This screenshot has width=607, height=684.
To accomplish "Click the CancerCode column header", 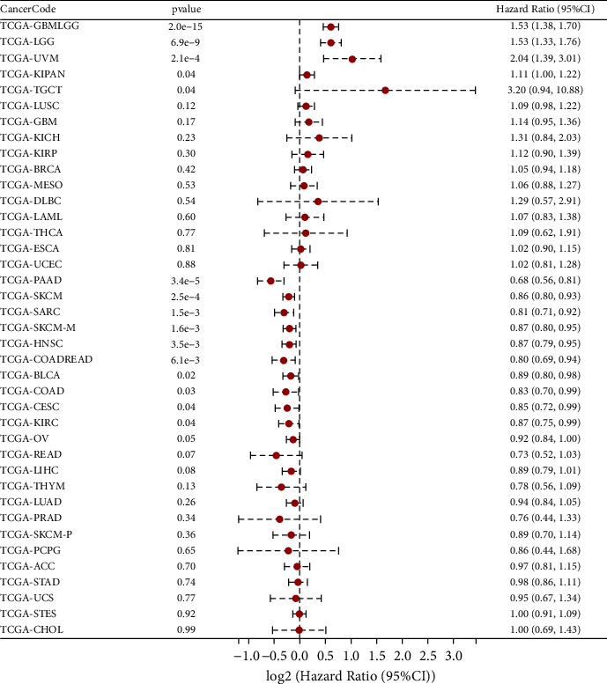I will point(27,9).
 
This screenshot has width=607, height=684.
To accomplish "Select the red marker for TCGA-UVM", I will point(352,59).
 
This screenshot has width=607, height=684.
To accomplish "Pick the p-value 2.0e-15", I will point(185,26).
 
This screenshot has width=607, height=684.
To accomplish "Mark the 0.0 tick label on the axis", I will point(300,657).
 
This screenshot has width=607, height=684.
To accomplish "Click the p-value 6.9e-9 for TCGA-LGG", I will point(185,42).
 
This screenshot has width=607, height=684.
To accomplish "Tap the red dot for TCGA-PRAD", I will point(279,519).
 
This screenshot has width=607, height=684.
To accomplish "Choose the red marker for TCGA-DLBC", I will point(318,202).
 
